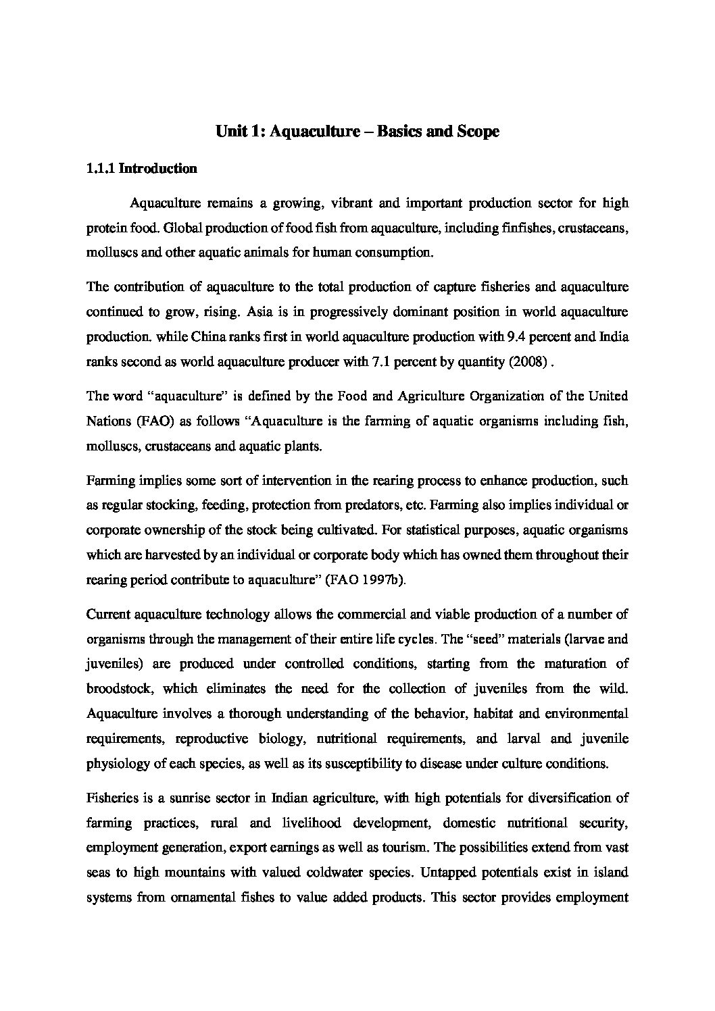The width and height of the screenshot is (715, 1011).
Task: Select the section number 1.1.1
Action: click(x=101, y=169)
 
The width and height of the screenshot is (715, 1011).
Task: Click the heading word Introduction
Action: click(x=157, y=169)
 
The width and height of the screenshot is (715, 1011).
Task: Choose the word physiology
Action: click(x=115, y=764)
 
